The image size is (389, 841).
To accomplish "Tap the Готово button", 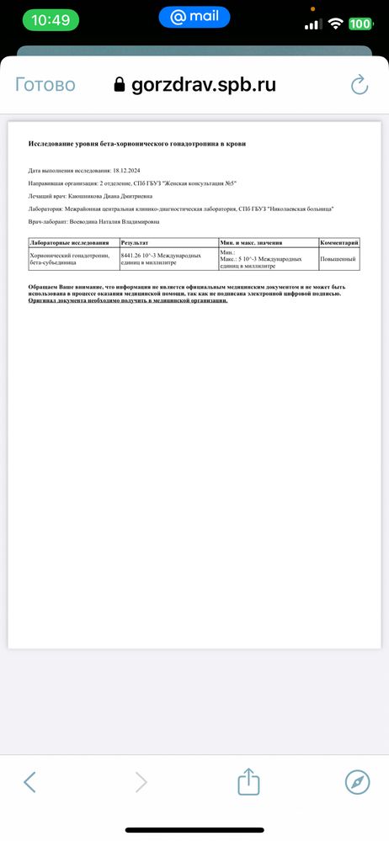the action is coord(45,85).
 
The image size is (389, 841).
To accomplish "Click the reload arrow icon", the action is coord(360,85).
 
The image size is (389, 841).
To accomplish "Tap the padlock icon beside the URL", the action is coord(119,85).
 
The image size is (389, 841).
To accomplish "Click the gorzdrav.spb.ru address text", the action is coord(204,85).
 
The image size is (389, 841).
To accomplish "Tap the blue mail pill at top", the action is coord(194,16).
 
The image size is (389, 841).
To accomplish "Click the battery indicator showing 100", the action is coord(360,24).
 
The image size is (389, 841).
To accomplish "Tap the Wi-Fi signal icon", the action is coord(335,24).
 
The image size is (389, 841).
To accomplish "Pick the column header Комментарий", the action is coord(339,242).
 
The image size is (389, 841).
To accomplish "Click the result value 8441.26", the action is coord(135,254).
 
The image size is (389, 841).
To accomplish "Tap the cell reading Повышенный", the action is coord(338,259).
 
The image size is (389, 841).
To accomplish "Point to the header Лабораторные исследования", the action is coord(65,242).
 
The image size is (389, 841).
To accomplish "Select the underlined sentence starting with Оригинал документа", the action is coord(128,300).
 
